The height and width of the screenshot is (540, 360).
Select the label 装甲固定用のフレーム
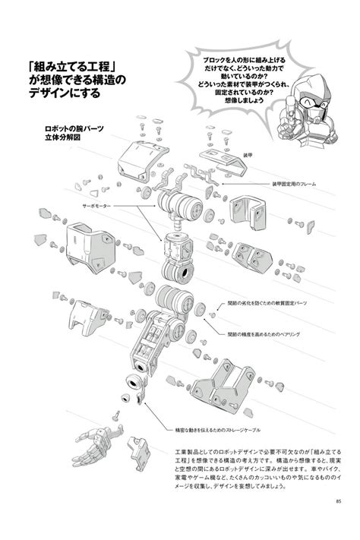[x=295, y=184]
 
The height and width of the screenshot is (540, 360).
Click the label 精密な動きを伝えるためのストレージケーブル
[x=203, y=428]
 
